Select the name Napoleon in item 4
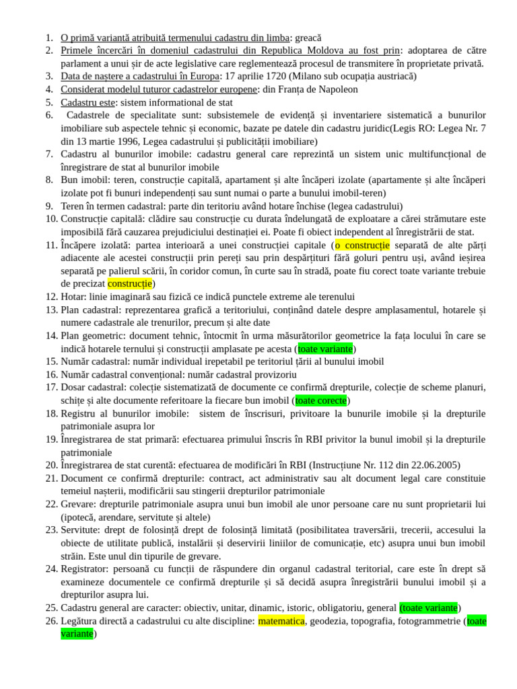(337, 89)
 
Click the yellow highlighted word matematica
(281, 621)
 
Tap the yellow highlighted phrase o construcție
(362, 245)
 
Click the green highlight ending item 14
(325, 349)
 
